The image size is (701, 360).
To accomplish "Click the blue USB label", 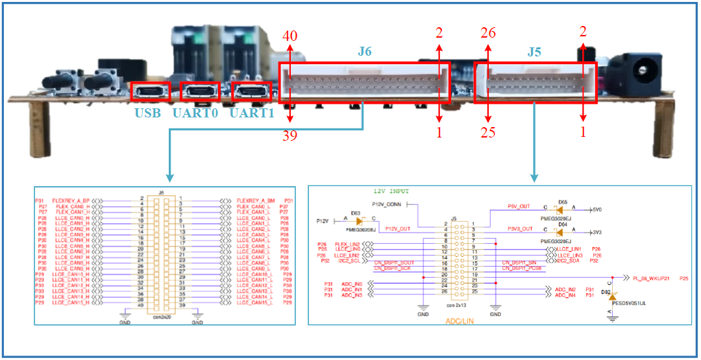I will click(x=148, y=114).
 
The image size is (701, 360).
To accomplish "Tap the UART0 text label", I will click(x=199, y=114).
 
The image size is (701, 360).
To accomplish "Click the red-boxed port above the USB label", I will click(x=151, y=92).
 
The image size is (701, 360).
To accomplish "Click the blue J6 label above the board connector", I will click(x=365, y=51).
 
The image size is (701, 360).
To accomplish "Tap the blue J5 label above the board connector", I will click(x=534, y=51).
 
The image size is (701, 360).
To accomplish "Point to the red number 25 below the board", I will click(x=488, y=133).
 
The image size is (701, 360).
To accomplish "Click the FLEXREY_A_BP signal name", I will click(x=71, y=201).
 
